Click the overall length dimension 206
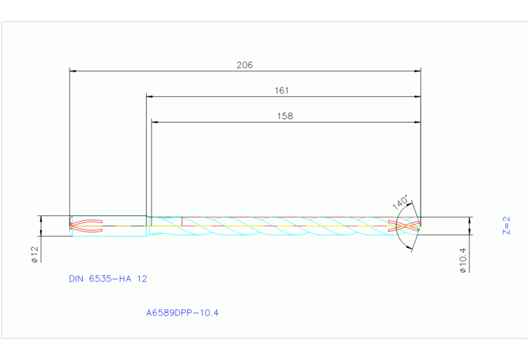(x=244, y=65)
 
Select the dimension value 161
(x=281, y=91)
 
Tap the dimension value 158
(x=284, y=116)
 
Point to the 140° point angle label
(x=400, y=203)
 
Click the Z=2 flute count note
(x=506, y=226)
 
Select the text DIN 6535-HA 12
(x=107, y=279)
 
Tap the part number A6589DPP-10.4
(x=182, y=313)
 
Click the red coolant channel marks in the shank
(x=86, y=225)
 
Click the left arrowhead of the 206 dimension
(x=73, y=70)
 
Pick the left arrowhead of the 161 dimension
(x=149, y=96)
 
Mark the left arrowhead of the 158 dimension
(x=154, y=122)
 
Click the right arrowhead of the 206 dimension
(x=417, y=70)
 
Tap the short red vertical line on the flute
(x=182, y=221)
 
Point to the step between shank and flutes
(x=148, y=226)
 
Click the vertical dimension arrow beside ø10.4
(x=471, y=226)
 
